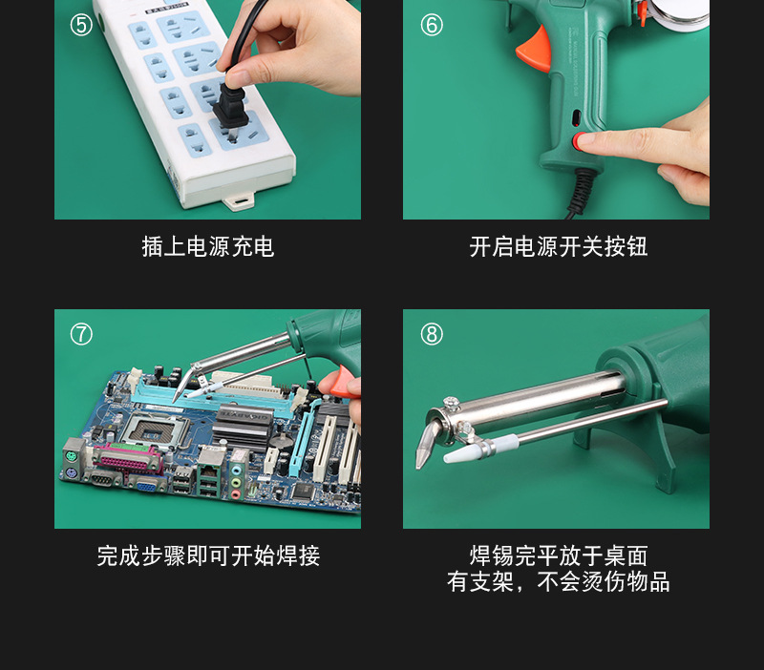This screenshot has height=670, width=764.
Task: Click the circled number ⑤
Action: coord(81,25)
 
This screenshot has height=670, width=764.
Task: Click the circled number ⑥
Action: coord(432,25)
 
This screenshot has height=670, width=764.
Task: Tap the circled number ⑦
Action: coord(81,334)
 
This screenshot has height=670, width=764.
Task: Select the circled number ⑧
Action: coord(432,334)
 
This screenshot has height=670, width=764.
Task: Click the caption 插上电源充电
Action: coord(207,247)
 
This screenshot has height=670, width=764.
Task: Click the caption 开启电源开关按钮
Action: coord(558,247)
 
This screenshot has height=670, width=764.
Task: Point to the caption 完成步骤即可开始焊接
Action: coord(207,556)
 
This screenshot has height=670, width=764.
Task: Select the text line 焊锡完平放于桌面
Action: coord(558,556)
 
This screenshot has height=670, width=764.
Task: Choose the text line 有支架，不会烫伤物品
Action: coord(558,582)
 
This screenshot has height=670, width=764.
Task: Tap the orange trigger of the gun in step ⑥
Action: coord(535,49)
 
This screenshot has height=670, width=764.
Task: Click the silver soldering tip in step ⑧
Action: coord(425,448)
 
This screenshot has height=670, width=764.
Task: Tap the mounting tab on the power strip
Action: coord(237,201)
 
